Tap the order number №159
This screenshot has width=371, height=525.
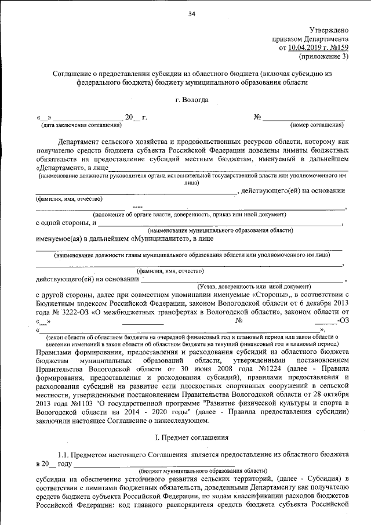pos(339,48)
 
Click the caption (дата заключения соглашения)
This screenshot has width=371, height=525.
pos(81,125)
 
